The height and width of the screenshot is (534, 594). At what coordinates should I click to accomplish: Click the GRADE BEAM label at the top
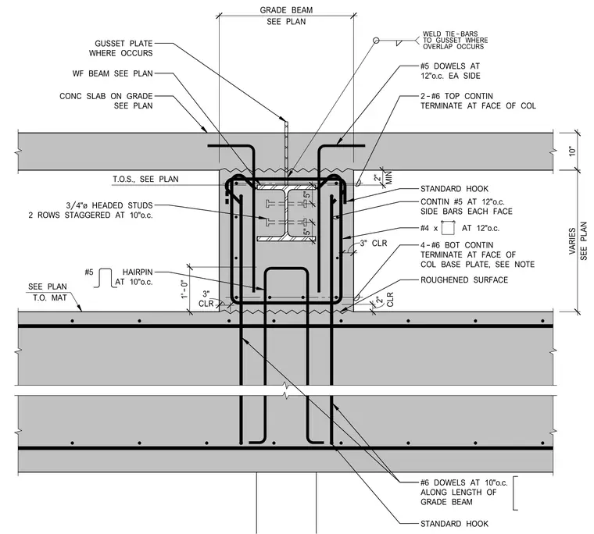pyautogui.click(x=286, y=10)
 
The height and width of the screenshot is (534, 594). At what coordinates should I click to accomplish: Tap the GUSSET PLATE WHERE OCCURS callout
pyautogui.click(x=121, y=48)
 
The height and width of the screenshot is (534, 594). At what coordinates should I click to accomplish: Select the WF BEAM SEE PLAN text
pyautogui.click(x=113, y=73)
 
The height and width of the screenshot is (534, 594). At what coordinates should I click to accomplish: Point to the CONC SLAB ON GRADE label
pyautogui.click(x=106, y=96)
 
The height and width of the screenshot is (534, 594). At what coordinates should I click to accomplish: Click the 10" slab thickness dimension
pyautogui.click(x=572, y=151)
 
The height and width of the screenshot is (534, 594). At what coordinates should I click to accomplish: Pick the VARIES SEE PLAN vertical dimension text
pyautogui.click(x=578, y=240)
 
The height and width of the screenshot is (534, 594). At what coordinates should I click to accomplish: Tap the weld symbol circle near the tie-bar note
pyautogui.click(x=376, y=40)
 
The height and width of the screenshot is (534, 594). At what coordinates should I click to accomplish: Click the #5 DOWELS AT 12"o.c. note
pyautogui.click(x=450, y=71)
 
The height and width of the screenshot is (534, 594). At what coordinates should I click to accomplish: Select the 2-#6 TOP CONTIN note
pyautogui.click(x=478, y=101)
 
